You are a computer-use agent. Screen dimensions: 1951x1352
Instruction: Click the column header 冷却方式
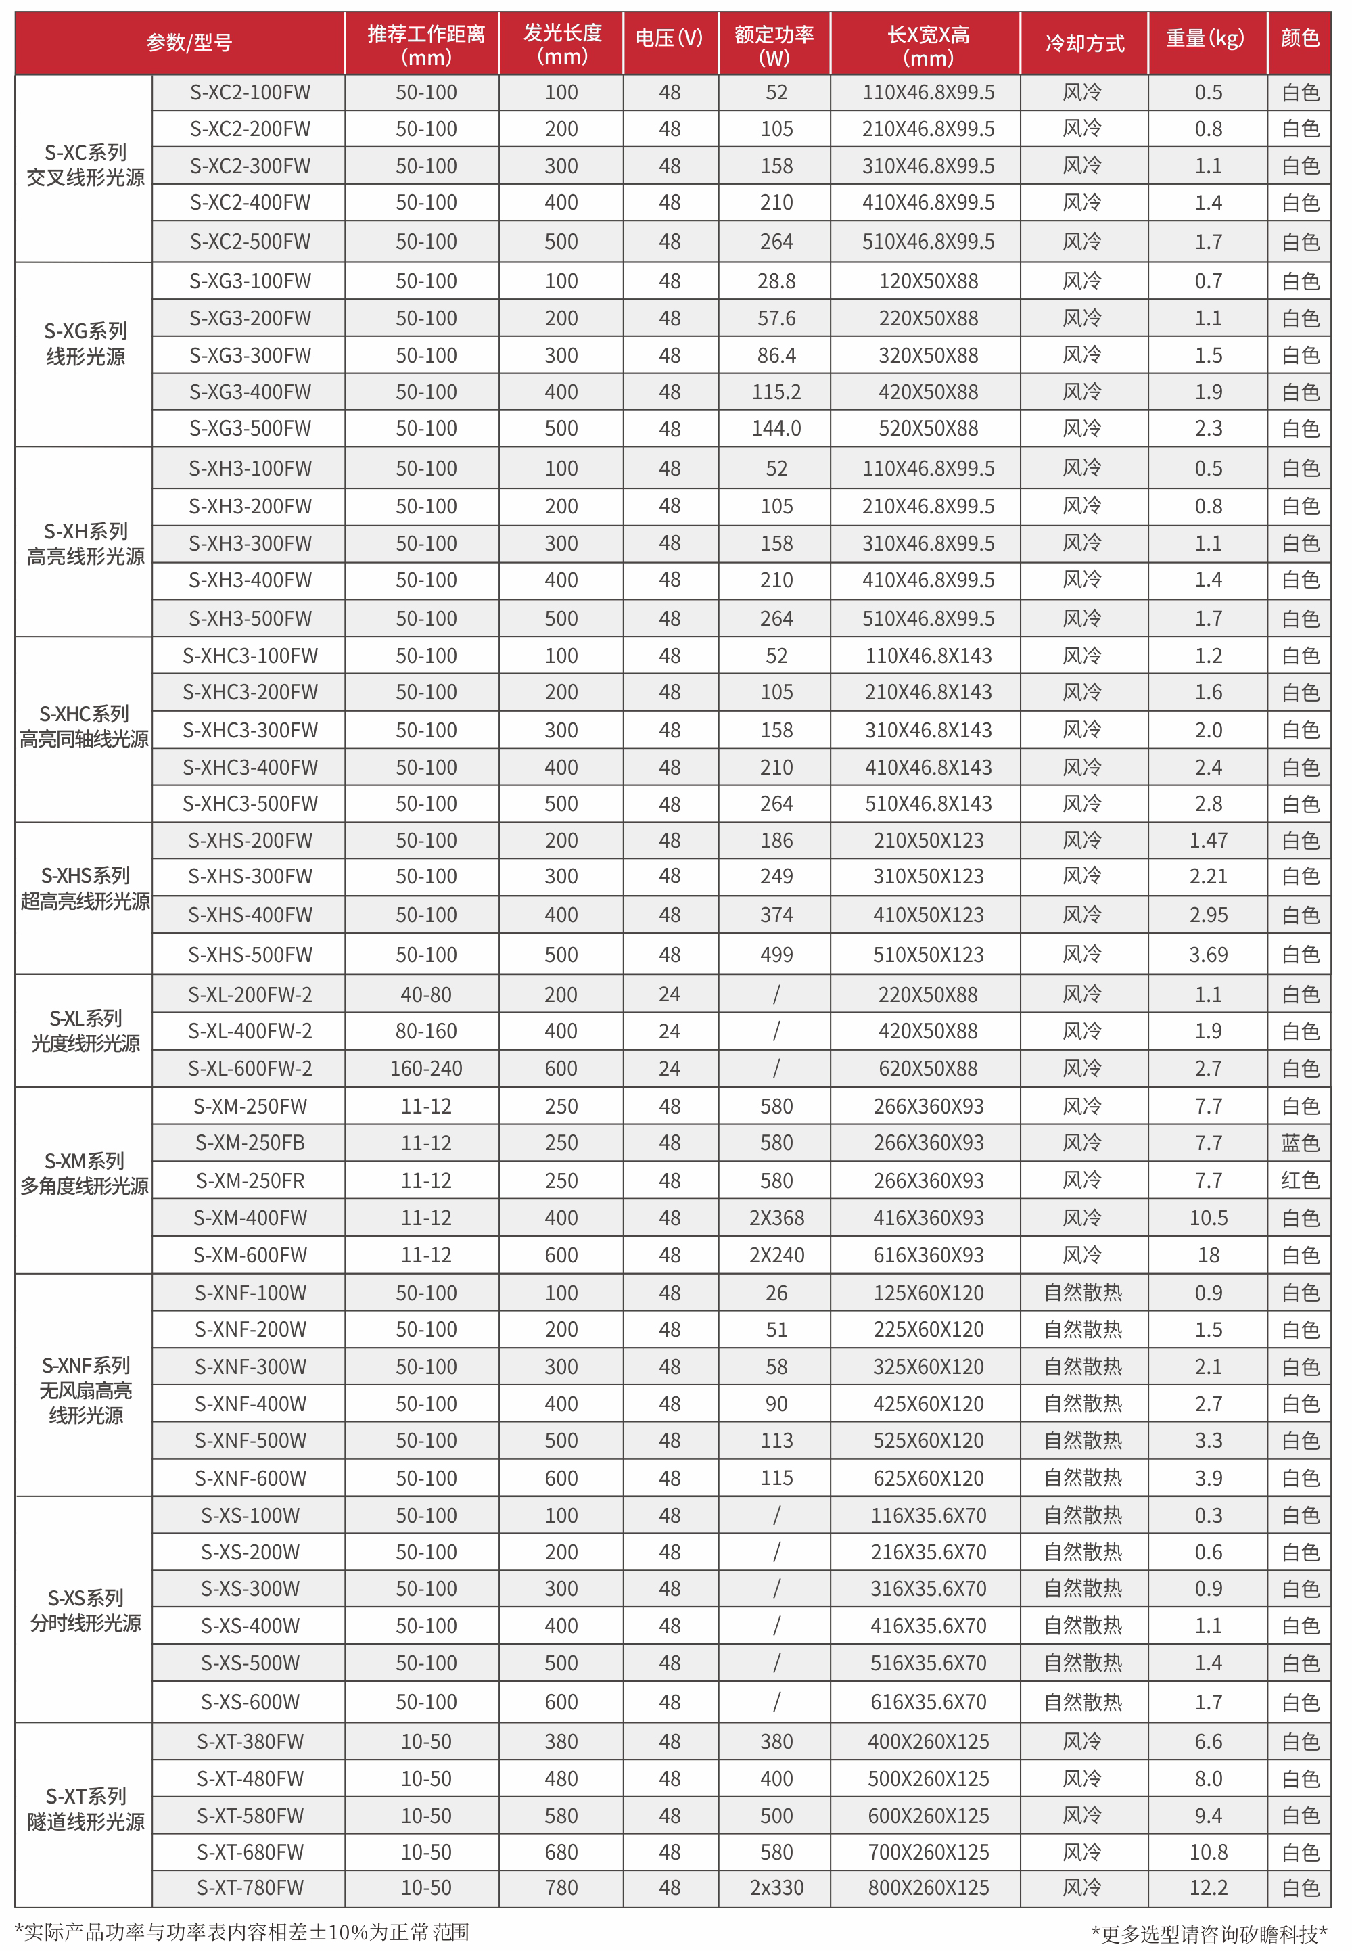[x=1083, y=43]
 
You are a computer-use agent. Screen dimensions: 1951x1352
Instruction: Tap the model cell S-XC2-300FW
[x=250, y=166]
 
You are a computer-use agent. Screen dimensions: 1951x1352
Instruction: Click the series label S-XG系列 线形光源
[x=86, y=344]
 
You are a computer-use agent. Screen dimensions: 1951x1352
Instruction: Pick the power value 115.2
[x=776, y=392]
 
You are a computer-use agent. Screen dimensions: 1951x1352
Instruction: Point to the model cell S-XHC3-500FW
[x=250, y=804]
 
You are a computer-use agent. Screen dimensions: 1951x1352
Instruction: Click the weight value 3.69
[x=1208, y=955]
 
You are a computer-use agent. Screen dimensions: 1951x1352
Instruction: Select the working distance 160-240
[x=426, y=1068]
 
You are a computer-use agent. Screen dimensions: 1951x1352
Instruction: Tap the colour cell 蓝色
[x=1299, y=1143]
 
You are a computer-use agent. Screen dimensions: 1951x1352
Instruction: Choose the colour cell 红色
[x=1299, y=1180]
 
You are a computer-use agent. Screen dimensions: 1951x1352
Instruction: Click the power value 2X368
[x=776, y=1218]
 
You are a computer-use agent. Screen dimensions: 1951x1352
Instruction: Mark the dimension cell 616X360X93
[x=929, y=1255]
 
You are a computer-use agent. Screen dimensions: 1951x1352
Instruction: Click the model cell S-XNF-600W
[x=250, y=1478]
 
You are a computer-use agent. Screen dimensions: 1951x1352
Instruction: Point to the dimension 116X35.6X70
[x=929, y=1515]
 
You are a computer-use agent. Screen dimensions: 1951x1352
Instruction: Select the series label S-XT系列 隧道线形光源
[x=86, y=1809]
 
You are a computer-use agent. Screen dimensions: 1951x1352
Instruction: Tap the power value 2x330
[x=776, y=1887]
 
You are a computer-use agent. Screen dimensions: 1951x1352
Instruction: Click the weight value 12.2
[x=1208, y=1887]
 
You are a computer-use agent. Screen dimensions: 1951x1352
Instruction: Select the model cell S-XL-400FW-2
[x=250, y=1031]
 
